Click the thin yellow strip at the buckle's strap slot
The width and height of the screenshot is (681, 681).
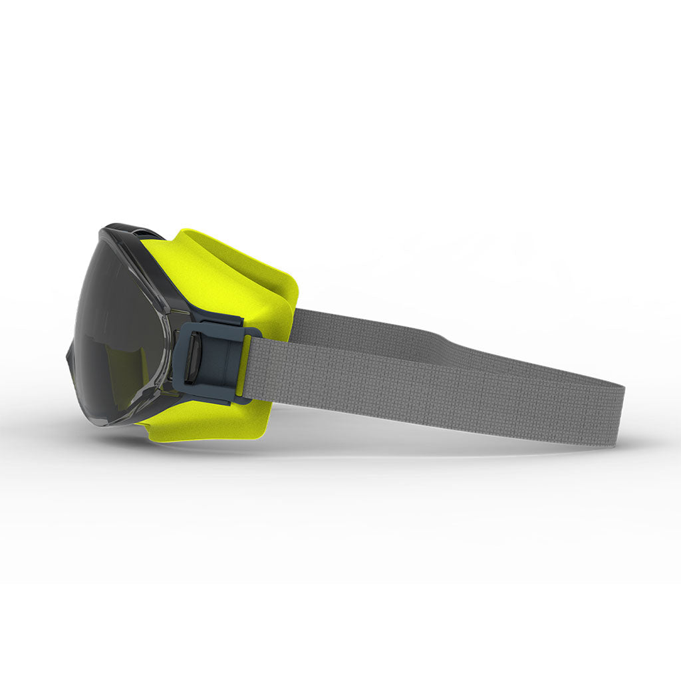click(243, 366)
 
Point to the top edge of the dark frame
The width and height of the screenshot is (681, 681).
click(126, 229)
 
